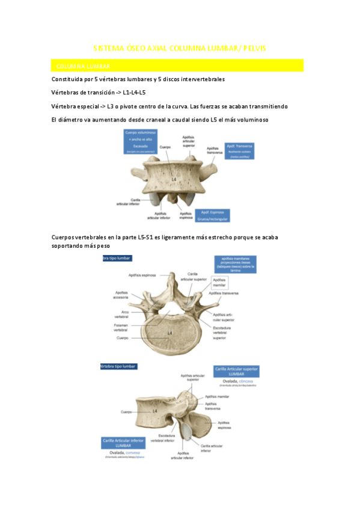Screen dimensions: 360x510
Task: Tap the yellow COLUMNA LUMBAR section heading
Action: point(81,66)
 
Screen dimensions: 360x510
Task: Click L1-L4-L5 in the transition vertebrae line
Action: point(134,93)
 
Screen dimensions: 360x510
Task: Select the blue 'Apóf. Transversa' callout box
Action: point(240,150)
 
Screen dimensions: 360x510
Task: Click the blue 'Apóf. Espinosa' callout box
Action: point(213,215)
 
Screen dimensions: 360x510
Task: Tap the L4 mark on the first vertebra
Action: point(172,179)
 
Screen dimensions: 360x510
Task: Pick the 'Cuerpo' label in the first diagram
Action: point(165,147)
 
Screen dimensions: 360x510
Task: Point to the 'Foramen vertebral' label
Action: point(122,328)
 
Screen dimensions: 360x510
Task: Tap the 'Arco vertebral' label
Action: point(121,315)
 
